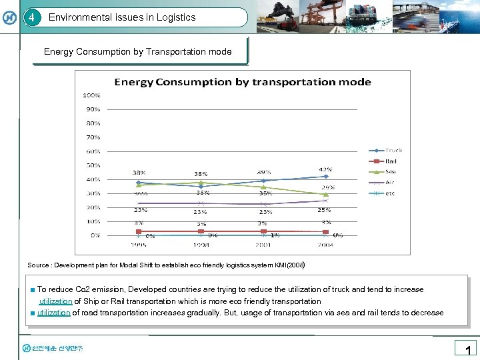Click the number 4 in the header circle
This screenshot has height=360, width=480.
point(31,17)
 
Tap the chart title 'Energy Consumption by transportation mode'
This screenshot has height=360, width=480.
point(243,82)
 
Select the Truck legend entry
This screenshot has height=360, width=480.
point(393,151)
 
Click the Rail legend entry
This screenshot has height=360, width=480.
point(391,161)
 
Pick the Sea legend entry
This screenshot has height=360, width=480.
point(391,172)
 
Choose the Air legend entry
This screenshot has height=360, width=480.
point(391,183)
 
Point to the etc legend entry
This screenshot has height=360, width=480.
point(391,193)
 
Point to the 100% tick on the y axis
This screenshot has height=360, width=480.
point(91,95)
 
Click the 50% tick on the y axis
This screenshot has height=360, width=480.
point(93,165)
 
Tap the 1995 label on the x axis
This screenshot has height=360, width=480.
point(138,245)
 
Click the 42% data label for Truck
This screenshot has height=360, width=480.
point(325,169)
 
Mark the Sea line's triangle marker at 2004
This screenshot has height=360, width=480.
point(325,194)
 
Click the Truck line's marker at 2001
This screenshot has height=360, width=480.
point(264,181)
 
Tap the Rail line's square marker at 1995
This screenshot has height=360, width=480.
point(139,231)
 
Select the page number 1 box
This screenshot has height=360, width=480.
point(467,349)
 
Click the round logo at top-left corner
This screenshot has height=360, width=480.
point(10,17)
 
